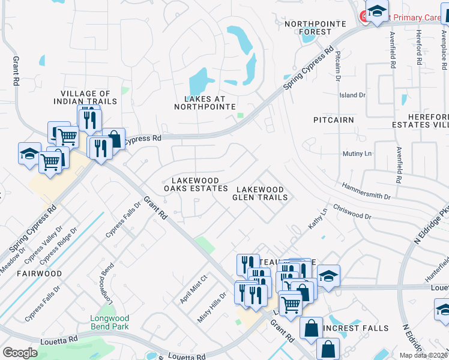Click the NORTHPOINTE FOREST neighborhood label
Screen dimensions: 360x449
coord(308,28)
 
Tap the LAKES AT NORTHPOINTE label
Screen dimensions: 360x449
coord(205,103)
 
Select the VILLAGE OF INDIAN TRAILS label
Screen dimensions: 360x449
coord(89,97)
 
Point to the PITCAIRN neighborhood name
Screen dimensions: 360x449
coord(334,120)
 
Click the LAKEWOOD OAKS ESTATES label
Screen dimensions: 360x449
coord(196,184)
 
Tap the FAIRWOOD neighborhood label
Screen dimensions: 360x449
coord(40,274)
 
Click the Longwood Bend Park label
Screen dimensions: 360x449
coord(109,322)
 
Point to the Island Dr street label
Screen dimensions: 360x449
coord(352,95)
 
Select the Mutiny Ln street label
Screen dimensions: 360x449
coord(357,154)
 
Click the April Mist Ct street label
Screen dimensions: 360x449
coord(193,289)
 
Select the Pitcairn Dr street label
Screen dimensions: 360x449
coord(338,65)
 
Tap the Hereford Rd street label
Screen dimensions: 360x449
coord(418,49)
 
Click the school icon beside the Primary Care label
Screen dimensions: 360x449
coord(377,12)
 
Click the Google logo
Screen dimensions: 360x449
coord(20,353)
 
